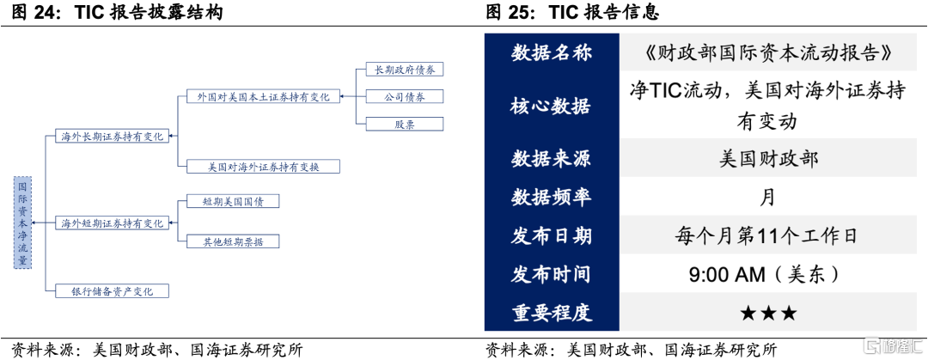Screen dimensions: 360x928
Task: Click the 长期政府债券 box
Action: click(404, 70)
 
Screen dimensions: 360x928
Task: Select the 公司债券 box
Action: click(404, 96)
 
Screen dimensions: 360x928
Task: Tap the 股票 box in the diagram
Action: click(404, 124)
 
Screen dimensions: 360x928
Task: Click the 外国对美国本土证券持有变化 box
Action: click(263, 97)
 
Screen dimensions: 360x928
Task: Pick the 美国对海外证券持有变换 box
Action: click(263, 166)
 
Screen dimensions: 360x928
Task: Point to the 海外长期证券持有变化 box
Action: click(112, 136)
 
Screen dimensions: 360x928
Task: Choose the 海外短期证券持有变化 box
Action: click(112, 223)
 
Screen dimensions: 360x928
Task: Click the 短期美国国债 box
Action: click(234, 202)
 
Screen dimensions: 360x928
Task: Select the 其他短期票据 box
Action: click(234, 241)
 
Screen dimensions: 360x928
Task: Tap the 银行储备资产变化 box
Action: click(112, 291)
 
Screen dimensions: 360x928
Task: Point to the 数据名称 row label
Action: click(551, 53)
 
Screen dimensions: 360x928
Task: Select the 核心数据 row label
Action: click(551, 106)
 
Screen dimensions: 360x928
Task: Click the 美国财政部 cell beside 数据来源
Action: click(767, 158)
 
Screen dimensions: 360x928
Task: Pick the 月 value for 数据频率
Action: click(767, 197)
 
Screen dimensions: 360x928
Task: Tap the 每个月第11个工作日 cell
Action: click(767, 235)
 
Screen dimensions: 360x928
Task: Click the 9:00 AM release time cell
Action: click(767, 274)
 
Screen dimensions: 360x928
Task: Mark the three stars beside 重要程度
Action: click(767, 313)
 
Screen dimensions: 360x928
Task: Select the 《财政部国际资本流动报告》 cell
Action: click(767, 53)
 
